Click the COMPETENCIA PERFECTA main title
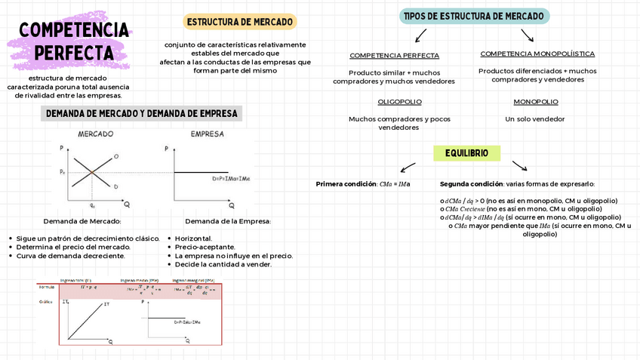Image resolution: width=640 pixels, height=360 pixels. (x=73, y=41)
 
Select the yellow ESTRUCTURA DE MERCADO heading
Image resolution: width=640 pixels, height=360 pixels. (x=240, y=22)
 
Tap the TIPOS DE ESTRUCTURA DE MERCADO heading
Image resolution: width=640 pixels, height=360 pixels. (x=474, y=16)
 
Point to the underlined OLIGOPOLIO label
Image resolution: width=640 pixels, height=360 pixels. (x=399, y=102)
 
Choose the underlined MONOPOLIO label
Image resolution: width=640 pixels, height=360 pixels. (x=536, y=102)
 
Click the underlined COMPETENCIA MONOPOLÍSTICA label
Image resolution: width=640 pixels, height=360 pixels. (x=537, y=54)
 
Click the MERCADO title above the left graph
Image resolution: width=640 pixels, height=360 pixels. (x=96, y=134)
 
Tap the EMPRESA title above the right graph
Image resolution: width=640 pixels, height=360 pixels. (x=207, y=134)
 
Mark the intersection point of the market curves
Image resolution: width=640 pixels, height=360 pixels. (x=92, y=173)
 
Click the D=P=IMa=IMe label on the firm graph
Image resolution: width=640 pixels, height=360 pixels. (x=231, y=179)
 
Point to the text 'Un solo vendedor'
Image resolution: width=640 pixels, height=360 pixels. (x=535, y=119)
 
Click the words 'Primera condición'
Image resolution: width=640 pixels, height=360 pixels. (x=346, y=184)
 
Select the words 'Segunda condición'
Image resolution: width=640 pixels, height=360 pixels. (x=471, y=184)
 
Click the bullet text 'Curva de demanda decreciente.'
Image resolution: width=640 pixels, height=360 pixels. (x=70, y=256)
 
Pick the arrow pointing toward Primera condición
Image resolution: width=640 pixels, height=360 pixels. (x=408, y=167)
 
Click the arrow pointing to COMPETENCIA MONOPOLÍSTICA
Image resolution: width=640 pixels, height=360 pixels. (x=527, y=35)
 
